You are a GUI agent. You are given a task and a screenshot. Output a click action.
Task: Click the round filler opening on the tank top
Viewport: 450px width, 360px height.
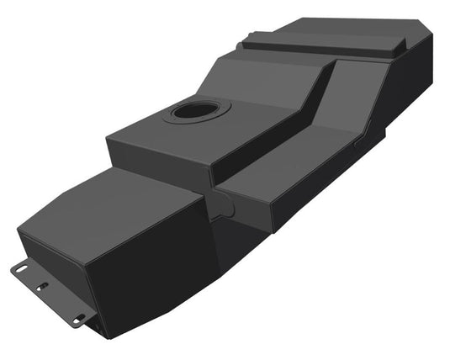[195, 109]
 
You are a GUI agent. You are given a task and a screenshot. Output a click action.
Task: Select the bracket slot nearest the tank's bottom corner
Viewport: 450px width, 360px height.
[79, 319]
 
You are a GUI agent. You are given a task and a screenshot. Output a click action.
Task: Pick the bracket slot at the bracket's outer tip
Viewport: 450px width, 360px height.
[20, 269]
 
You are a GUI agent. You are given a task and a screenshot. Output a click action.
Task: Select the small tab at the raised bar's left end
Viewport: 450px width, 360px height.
[247, 37]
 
